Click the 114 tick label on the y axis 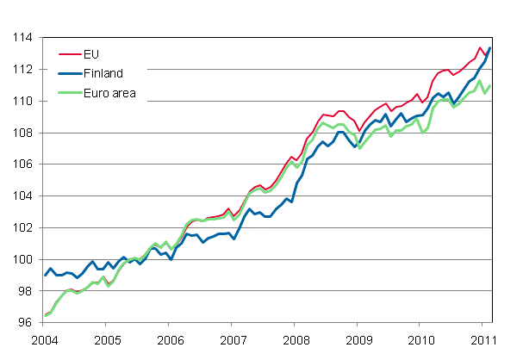click(x=23, y=38)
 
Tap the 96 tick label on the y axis click(x=26, y=323)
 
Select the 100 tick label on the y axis click(x=23, y=260)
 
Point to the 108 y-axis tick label click(x=23, y=133)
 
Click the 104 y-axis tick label click(x=23, y=196)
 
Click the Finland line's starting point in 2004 click(x=45, y=276)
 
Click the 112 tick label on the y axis click(x=23, y=70)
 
